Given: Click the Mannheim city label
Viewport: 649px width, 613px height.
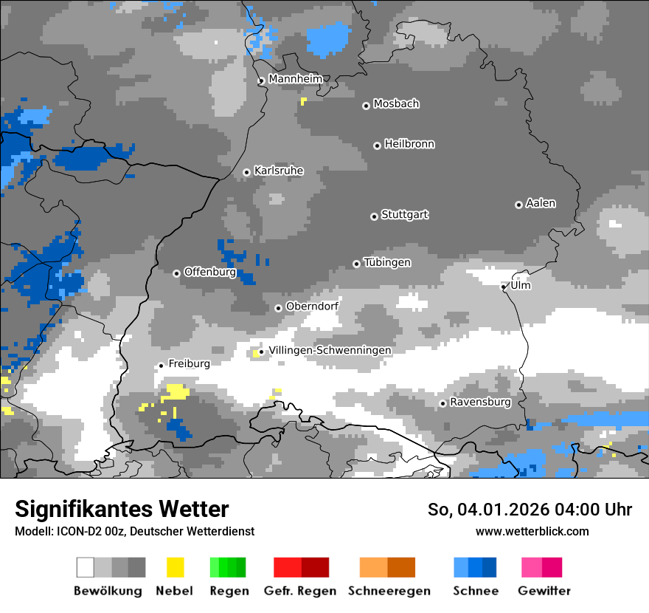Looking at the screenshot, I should tap(295, 79).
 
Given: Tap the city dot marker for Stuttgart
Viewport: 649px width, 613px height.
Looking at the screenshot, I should tap(374, 216).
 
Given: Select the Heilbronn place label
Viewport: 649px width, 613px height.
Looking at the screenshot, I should tap(409, 144).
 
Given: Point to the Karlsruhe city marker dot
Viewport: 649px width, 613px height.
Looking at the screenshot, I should tap(247, 172).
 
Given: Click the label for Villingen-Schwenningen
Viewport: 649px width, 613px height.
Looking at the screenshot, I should tap(330, 350).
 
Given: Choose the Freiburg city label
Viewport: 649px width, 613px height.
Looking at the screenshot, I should tap(189, 363).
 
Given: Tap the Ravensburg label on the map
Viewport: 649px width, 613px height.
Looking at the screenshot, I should tap(480, 403).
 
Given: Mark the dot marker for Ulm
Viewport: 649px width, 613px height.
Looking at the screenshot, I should tap(504, 287).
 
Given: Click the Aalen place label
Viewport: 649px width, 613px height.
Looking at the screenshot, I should tap(541, 203).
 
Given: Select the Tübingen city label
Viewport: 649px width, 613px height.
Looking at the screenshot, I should tap(387, 263).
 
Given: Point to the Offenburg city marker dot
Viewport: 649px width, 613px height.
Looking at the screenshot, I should tap(176, 273).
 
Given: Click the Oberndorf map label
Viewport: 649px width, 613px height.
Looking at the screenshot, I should tap(312, 306).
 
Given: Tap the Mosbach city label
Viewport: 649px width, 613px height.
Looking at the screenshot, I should tap(396, 104).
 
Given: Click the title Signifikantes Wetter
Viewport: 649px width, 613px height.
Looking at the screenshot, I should tap(122, 510).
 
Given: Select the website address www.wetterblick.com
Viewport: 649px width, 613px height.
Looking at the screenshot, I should tap(532, 531).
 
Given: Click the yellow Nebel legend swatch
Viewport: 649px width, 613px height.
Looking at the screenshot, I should tap(175, 567).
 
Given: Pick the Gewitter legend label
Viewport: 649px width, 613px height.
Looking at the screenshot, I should tap(544, 591).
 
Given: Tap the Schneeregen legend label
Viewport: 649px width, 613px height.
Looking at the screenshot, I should tap(389, 591).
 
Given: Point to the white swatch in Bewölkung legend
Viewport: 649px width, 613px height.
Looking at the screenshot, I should tap(86, 567).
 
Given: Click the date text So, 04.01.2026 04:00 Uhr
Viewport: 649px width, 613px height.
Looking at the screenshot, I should tap(530, 510).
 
